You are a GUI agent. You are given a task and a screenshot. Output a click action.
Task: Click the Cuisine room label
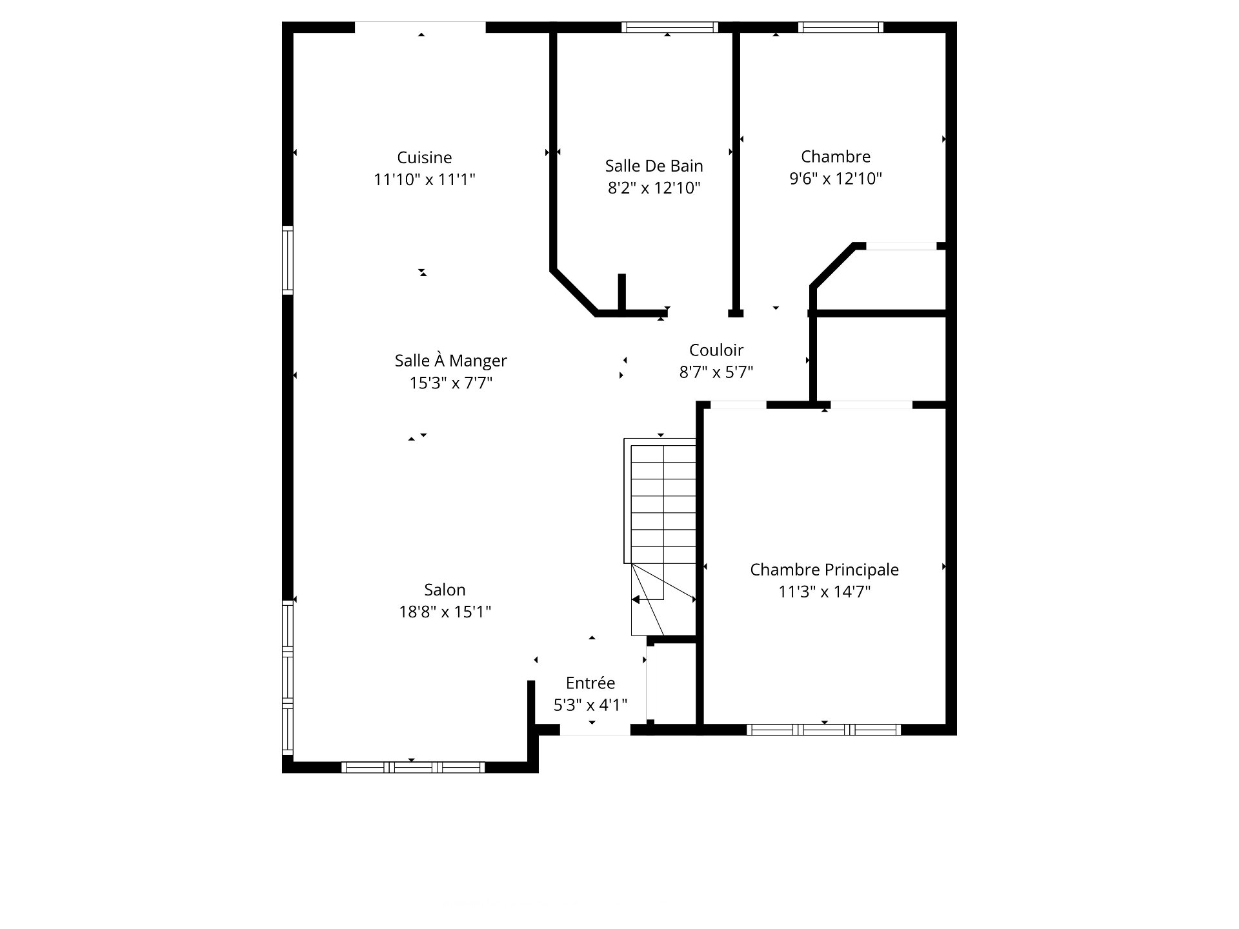(x=424, y=157)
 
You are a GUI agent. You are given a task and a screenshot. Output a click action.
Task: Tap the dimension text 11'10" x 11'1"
(x=424, y=179)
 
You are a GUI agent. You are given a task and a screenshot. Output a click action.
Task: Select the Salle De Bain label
(x=654, y=166)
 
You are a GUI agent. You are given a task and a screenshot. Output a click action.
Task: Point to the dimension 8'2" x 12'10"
(x=654, y=188)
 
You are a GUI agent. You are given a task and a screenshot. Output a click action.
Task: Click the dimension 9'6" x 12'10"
(x=836, y=178)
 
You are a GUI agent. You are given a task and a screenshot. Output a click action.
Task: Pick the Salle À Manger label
(x=450, y=360)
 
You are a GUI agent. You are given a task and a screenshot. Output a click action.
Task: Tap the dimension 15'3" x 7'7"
(x=450, y=383)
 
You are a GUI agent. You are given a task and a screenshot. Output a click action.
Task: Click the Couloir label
(x=716, y=350)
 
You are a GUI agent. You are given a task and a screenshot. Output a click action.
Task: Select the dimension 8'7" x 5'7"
(x=716, y=372)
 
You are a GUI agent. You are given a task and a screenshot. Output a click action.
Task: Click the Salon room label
(x=445, y=590)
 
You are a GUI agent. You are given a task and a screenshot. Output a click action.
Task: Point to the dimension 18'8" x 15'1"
(x=445, y=612)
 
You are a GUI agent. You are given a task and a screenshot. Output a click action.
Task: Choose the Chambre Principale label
(x=824, y=570)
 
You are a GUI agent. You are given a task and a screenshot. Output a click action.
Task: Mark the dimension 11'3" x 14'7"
(x=824, y=592)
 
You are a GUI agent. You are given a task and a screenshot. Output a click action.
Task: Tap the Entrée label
(x=590, y=683)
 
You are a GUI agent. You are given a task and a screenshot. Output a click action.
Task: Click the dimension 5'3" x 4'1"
(x=590, y=705)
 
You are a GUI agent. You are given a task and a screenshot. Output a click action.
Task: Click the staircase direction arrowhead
(x=635, y=599)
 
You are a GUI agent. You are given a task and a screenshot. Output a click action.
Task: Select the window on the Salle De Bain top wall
(x=670, y=27)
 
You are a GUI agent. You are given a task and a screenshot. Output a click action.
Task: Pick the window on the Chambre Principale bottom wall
(x=823, y=730)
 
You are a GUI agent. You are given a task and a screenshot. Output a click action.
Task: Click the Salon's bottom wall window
(x=413, y=767)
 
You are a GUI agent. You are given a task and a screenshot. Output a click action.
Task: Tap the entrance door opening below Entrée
(x=595, y=730)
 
